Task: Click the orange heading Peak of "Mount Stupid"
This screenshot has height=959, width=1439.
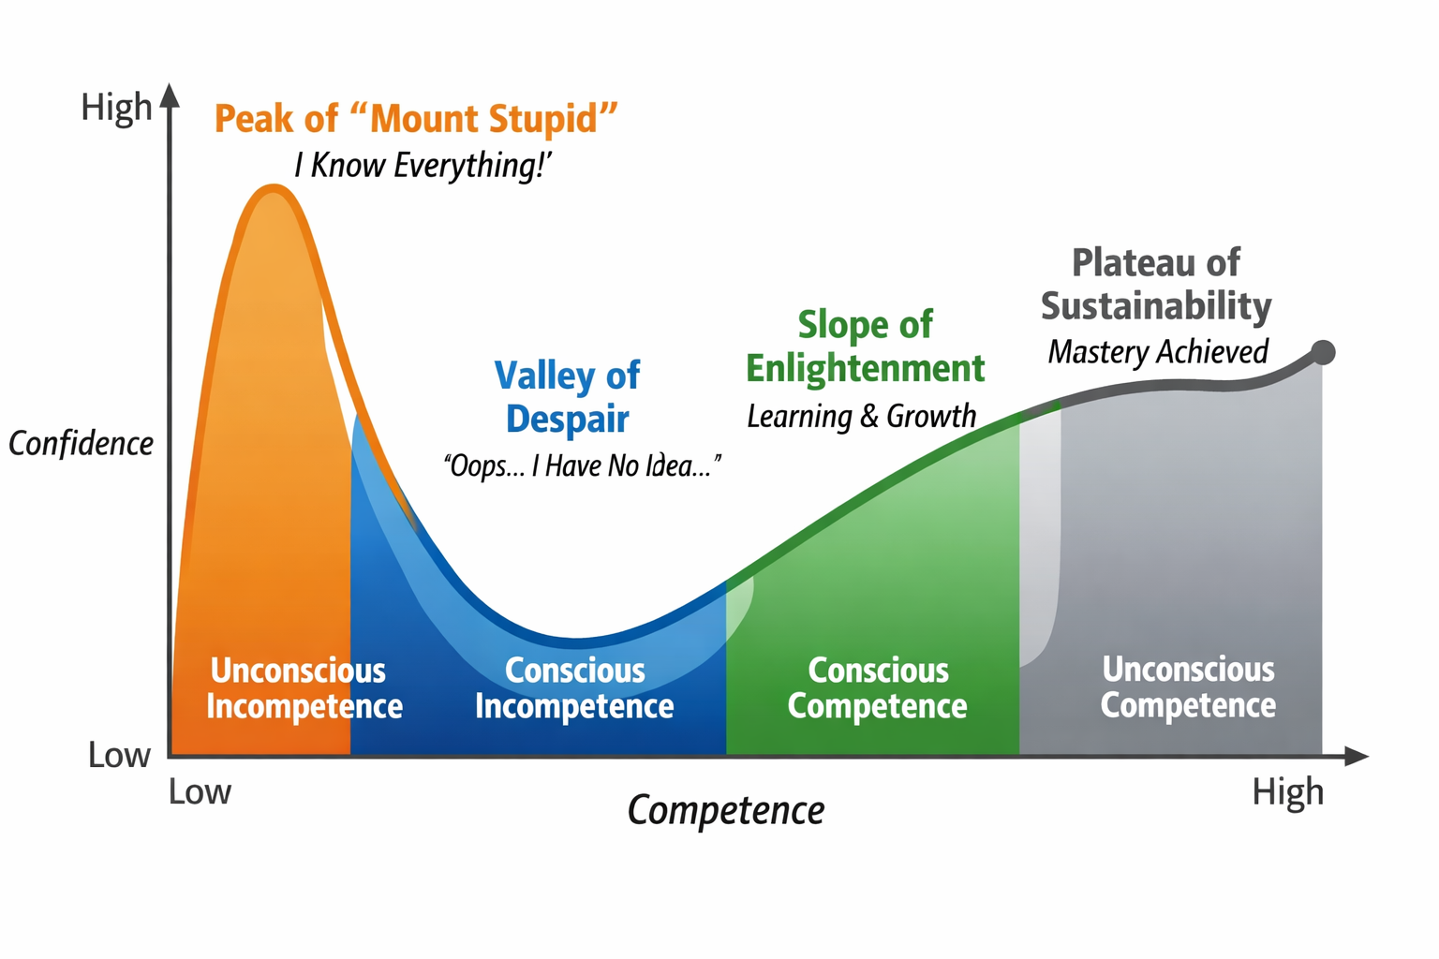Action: [416, 120]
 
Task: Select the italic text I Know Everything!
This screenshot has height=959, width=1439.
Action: [422, 166]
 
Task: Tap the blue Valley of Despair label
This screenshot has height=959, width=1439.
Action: [567, 397]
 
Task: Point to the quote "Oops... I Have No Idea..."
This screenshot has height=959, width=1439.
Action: [582, 465]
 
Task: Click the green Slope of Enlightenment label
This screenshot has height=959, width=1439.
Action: [865, 347]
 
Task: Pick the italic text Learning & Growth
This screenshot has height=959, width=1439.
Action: [861, 416]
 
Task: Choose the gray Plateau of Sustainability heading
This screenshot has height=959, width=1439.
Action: [1156, 285]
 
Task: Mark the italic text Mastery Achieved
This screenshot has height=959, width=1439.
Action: [1158, 352]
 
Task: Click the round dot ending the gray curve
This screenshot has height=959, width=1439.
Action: [1323, 352]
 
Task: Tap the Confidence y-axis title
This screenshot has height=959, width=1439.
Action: [81, 443]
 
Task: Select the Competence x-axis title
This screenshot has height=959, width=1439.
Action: [726, 810]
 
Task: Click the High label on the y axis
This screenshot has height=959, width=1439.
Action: [116, 107]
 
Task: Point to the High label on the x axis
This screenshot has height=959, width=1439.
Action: [1288, 792]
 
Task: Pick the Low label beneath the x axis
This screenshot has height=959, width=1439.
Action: [200, 792]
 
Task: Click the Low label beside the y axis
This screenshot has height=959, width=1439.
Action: [119, 755]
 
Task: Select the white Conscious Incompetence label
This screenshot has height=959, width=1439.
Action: [574, 688]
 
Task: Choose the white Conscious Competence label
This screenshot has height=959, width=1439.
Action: [878, 688]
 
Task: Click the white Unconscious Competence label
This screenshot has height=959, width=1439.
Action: [1188, 687]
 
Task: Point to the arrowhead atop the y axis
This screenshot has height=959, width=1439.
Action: [170, 95]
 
